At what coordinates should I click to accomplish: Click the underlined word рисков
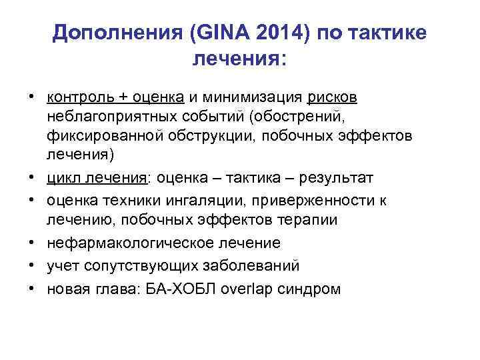pos(333,98)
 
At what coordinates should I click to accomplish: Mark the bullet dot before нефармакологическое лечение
pos(31,243)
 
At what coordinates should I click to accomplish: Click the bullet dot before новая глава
pos(31,289)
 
